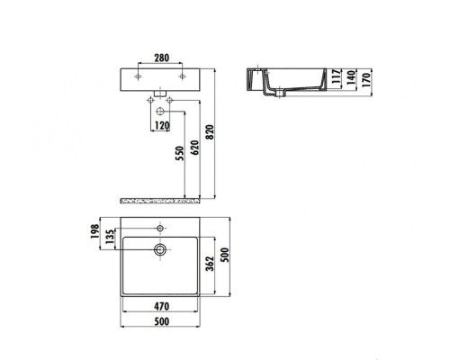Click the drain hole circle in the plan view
[160, 247]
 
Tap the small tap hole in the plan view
[160, 226]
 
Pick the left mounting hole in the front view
[141, 78]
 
